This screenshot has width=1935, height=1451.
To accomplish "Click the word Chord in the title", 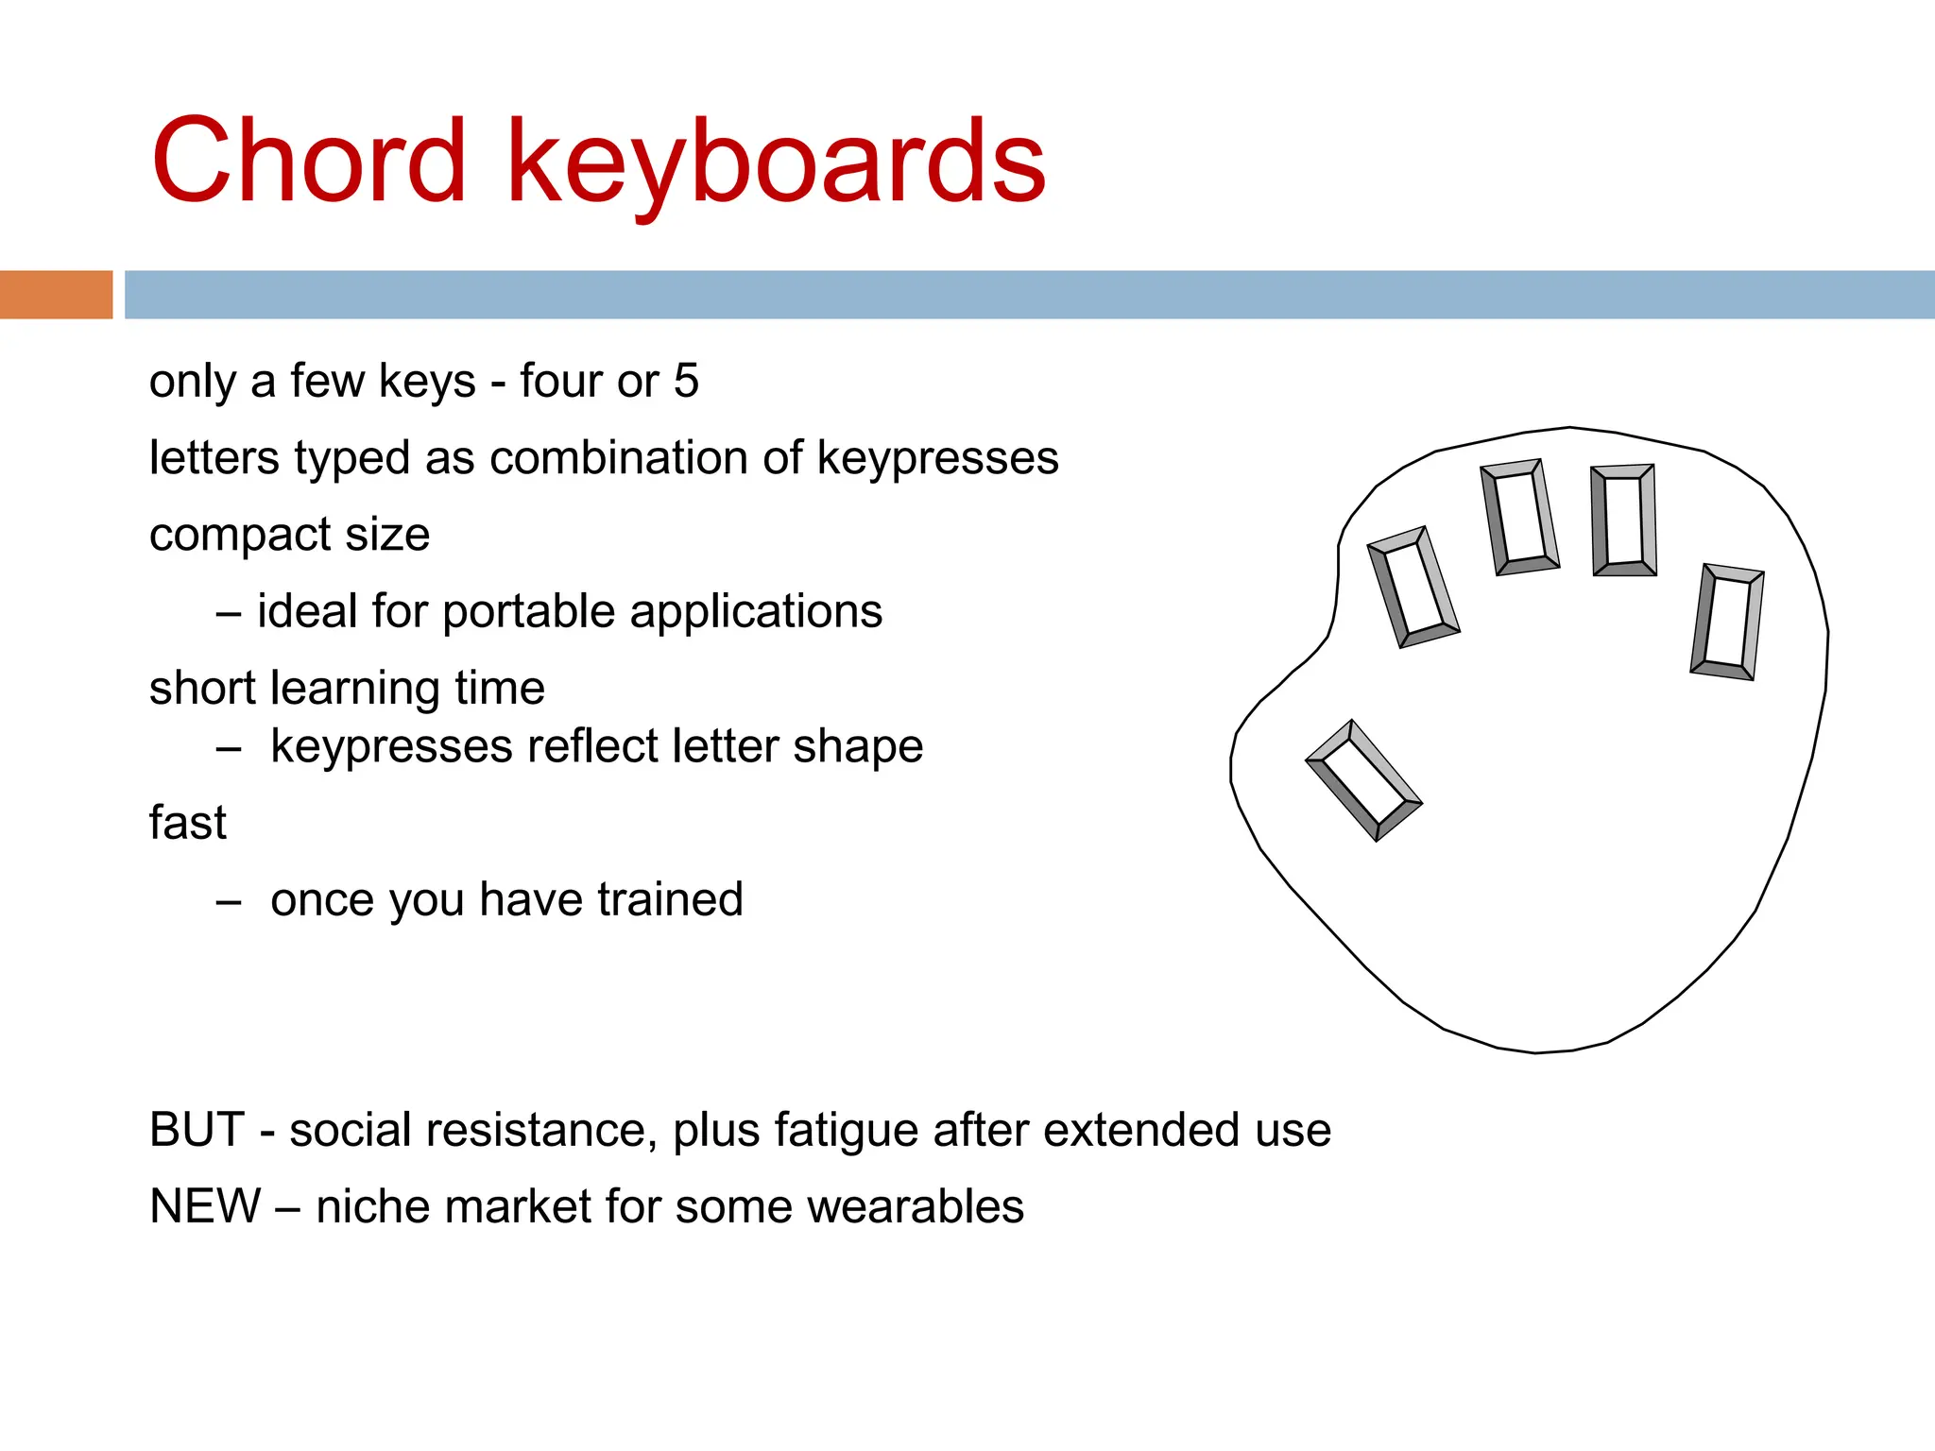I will [308, 161].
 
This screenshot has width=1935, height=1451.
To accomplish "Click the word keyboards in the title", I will [777, 162].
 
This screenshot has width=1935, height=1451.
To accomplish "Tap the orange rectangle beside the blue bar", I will [56, 295].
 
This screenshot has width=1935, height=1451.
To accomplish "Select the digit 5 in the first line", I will [686, 381].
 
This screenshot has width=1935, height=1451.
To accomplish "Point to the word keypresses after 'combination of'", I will [937, 460].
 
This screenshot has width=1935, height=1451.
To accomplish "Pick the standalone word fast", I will [187, 823].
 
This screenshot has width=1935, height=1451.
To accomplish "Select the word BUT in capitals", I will [197, 1130].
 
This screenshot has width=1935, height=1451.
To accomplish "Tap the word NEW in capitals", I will [205, 1206].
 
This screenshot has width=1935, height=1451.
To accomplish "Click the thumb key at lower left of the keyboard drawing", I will [1363, 780].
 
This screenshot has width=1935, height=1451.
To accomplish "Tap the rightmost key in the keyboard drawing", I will [1727, 622].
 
